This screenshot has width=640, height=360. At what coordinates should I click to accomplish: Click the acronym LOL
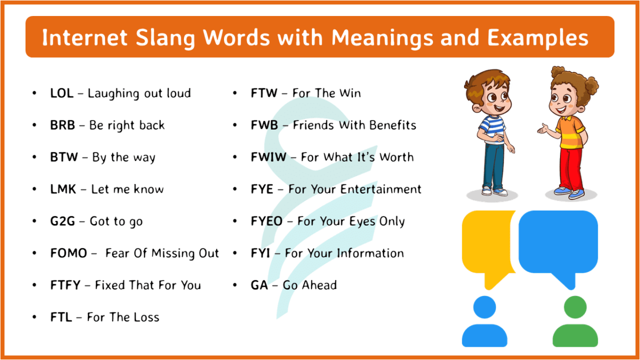tap(61, 93)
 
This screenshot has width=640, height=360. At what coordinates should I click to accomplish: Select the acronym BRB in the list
tap(62, 125)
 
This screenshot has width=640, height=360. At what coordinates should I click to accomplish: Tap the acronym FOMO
tap(68, 253)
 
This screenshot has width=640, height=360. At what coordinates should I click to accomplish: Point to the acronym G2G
tap(62, 221)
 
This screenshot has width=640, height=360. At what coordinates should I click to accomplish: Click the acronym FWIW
tap(268, 157)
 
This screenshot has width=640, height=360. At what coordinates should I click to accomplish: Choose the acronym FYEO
tap(267, 221)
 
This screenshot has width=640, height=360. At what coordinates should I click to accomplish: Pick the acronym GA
tap(259, 285)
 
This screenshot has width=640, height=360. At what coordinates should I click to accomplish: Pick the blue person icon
tap(484, 323)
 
